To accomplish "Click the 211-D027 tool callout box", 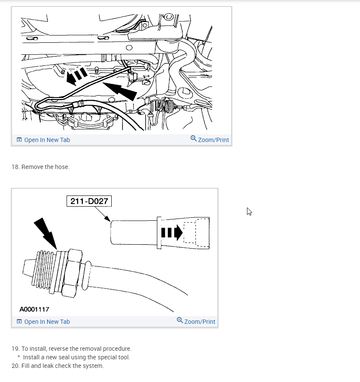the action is click(89, 201).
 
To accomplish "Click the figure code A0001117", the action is click(34, 309).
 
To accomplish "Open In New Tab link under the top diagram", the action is click(43, 140).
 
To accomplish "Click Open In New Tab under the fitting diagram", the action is click(43, 322).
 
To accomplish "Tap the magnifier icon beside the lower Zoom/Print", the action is click(180, 320).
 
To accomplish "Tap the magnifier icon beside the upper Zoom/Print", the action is click(193, 138).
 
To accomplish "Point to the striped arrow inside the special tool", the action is click(172, 233).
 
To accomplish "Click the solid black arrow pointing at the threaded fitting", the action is click(46, 234).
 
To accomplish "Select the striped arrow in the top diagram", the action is click(77, 76).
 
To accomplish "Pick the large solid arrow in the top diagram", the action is click(120, 91).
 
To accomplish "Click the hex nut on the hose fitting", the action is click(71, 273).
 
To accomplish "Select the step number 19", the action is click(15, 349).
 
